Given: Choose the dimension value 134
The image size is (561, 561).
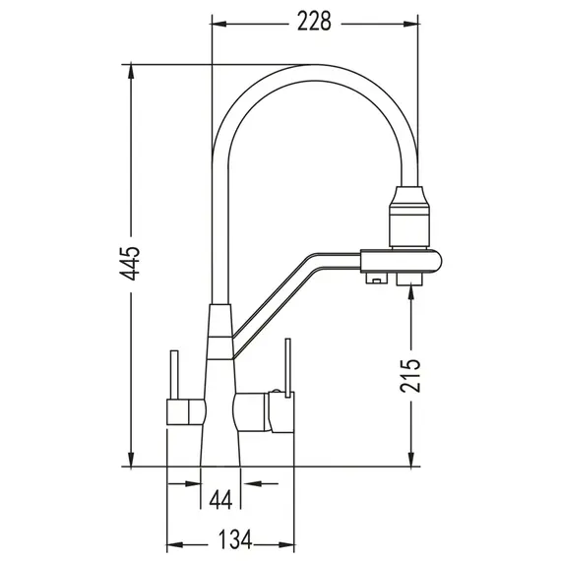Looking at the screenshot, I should [x=233, y=538].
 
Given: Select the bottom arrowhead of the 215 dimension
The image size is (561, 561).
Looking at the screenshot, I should [x=408, y=458].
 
